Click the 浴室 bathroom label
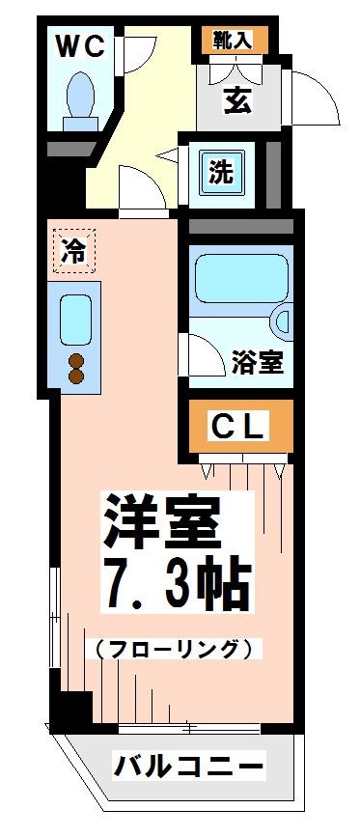pyautogui.click(x=257, y=363)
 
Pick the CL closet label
pyautogui.click(x=237, y=426)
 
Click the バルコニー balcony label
pyautogui.click(x=189, y=768)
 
